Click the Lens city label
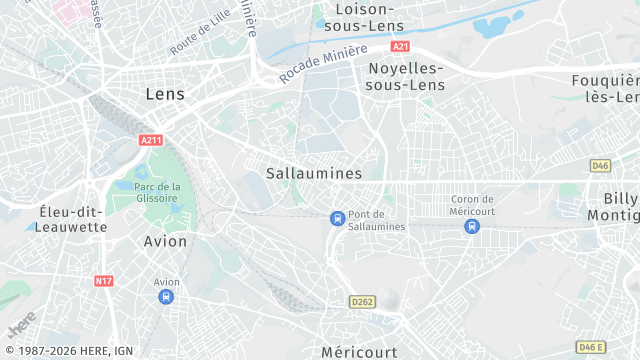click(165, 93)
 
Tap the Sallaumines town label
click(314, 173)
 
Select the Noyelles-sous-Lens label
click(405, 76)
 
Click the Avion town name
click(165, 241)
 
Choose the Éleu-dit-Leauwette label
click(72, 219)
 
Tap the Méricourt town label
click(359, 351)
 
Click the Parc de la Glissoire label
click(158, 191)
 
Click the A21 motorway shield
click(401, 46)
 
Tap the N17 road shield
click(104, 281)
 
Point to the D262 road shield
click(361, 301)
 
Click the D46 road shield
click(600, 165)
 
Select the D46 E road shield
click(591, 347)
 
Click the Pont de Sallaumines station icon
click(338, 218)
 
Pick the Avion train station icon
click(166, 296)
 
